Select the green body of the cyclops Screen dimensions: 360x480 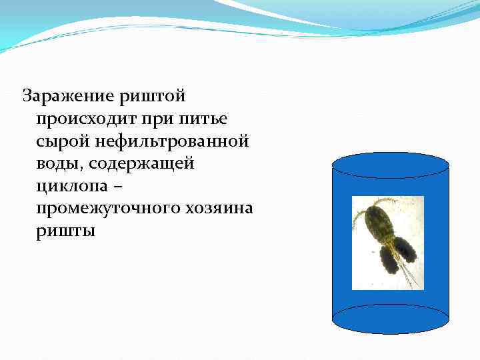pyautogui.click(x=379, y=223)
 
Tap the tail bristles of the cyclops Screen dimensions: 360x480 pyautogui.click(x=409, y=274)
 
